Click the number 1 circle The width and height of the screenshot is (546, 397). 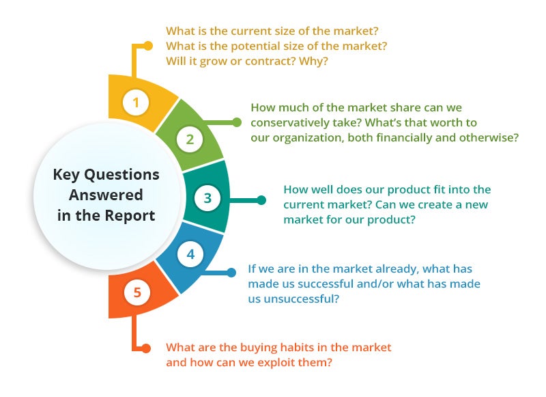tap(136, 102)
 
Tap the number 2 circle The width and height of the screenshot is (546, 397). tap(190, 139)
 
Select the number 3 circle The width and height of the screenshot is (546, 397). tap(207, 198)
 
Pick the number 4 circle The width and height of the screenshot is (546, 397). tap(190, 254)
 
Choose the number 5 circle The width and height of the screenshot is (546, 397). tap(137, 292)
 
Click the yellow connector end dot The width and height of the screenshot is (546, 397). tap(148, 46)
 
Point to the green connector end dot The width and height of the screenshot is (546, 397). tap(237, 122)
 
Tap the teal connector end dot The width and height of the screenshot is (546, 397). tap(261, 200)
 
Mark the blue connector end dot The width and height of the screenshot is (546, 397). tap(231, 272)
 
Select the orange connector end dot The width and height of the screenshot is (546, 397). tap(146, 348)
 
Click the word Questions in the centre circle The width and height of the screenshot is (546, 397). tap(122, 175)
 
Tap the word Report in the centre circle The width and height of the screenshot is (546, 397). tap(130, 216)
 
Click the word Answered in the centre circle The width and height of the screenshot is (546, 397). tap(106, 195)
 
